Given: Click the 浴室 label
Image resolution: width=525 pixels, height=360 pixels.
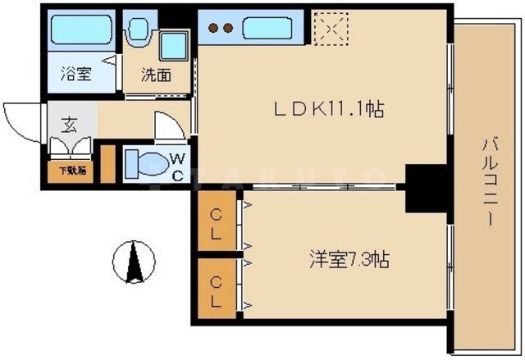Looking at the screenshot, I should point(76,74).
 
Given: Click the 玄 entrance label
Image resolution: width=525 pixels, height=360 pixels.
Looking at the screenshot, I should point(68,126).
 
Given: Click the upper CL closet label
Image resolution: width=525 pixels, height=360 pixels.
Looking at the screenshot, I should point(216,224).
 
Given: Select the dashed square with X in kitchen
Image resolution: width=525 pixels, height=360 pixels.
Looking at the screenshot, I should point(333,27).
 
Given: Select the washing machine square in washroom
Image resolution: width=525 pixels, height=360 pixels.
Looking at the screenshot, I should point(173,45).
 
